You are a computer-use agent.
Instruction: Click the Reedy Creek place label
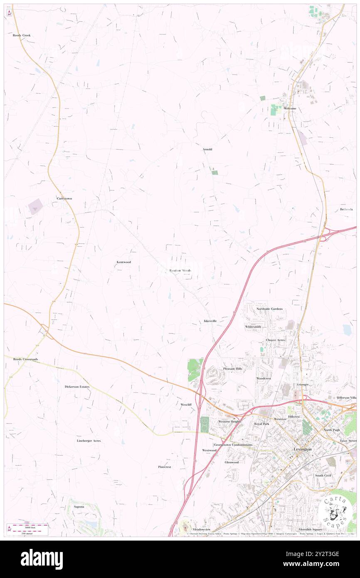22,35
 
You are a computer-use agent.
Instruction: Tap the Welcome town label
290,109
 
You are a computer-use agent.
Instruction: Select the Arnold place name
207,149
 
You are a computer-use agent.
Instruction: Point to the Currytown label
64,198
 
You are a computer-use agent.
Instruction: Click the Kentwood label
123,262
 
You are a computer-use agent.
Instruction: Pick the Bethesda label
346,209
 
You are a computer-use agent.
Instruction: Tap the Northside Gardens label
269,309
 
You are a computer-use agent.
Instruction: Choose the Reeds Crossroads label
25,359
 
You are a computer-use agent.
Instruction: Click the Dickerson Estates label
77,386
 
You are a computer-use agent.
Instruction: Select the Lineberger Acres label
89,440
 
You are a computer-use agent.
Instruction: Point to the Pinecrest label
165,467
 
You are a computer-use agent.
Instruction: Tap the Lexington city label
303,450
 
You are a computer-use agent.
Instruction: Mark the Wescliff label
186,404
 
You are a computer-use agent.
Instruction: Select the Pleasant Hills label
232,368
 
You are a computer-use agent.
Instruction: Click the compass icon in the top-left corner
9,13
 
